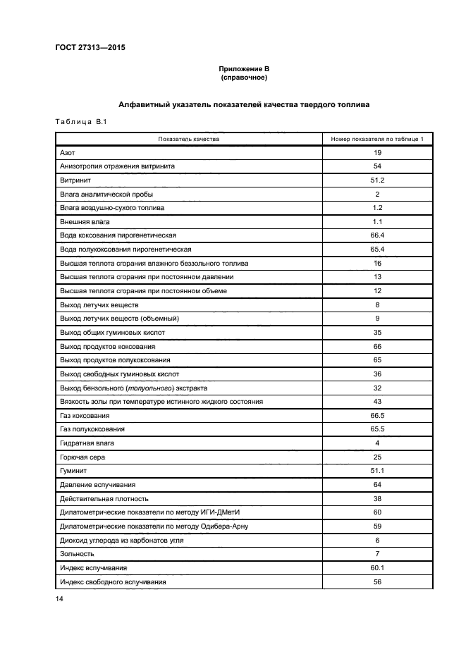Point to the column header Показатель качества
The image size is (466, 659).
point(188,139)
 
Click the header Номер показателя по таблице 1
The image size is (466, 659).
point(377,139)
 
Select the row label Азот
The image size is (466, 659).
point(68,153)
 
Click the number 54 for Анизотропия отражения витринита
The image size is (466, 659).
point(377,166)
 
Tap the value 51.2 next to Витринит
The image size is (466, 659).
point(377,180)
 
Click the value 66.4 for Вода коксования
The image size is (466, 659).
point(377,235)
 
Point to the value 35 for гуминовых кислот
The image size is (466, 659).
point(377,332)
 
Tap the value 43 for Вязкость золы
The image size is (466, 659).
point(377,401)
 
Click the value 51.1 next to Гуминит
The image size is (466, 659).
point(377,471)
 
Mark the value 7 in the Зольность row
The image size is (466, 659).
point(377,553)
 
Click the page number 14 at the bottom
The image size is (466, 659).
point(59,598)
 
